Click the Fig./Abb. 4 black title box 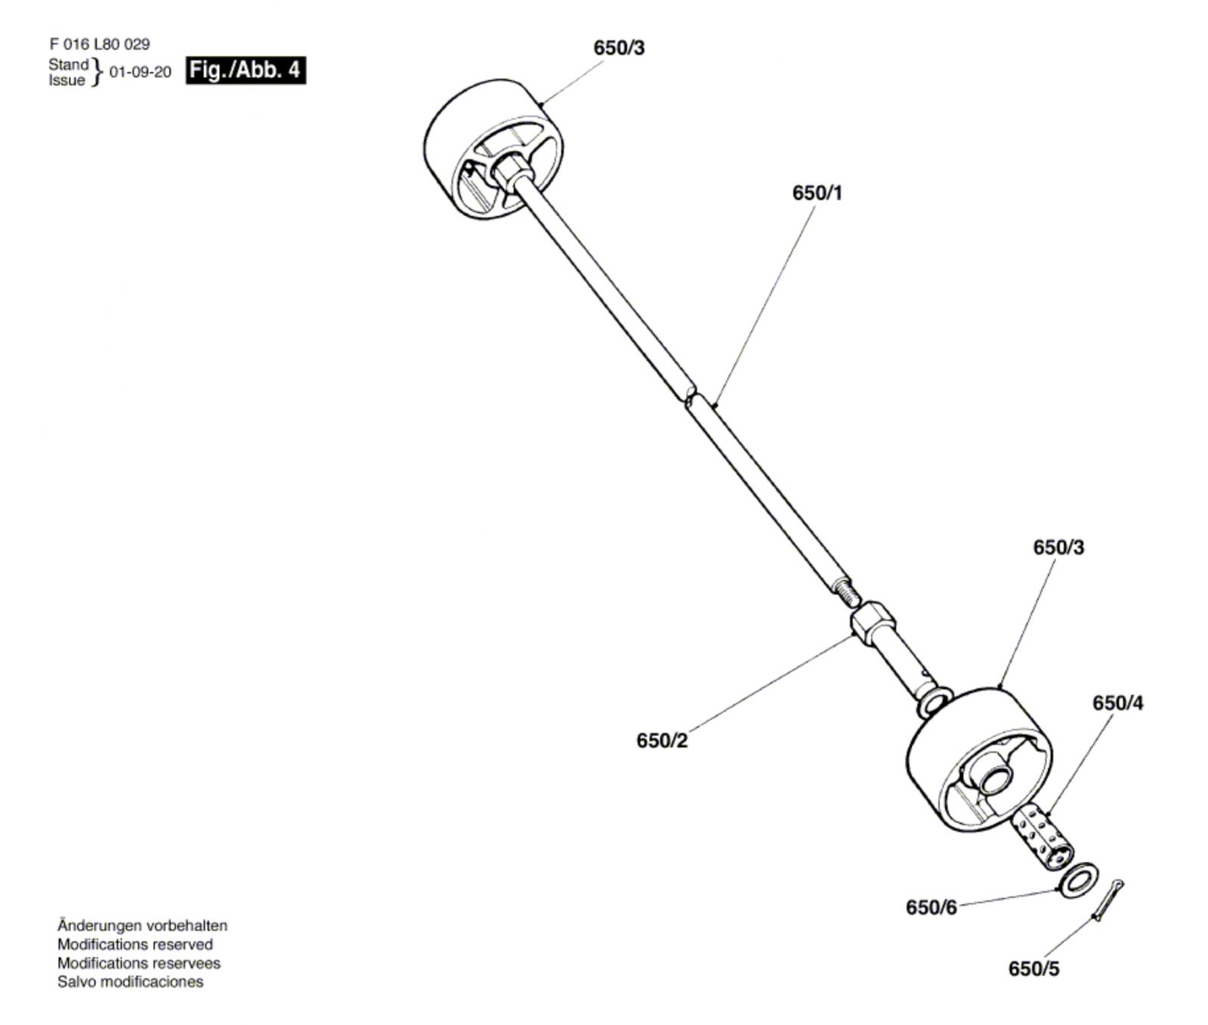tap(246, 71)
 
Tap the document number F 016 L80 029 tap(100, 45)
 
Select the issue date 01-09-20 tap(141, 73)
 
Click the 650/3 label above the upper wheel tap(619, 48)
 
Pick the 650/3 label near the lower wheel tap(1058, 547)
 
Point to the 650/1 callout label tap(817, 193)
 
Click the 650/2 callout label tap(662, 741)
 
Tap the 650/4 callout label tap(1118, 703)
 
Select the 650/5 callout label tap(1034, 969)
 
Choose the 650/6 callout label tap(931, 907)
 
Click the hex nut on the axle tap(873, 622)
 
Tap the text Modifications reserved tap(135, 945)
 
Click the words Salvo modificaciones tap(131, 983)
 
